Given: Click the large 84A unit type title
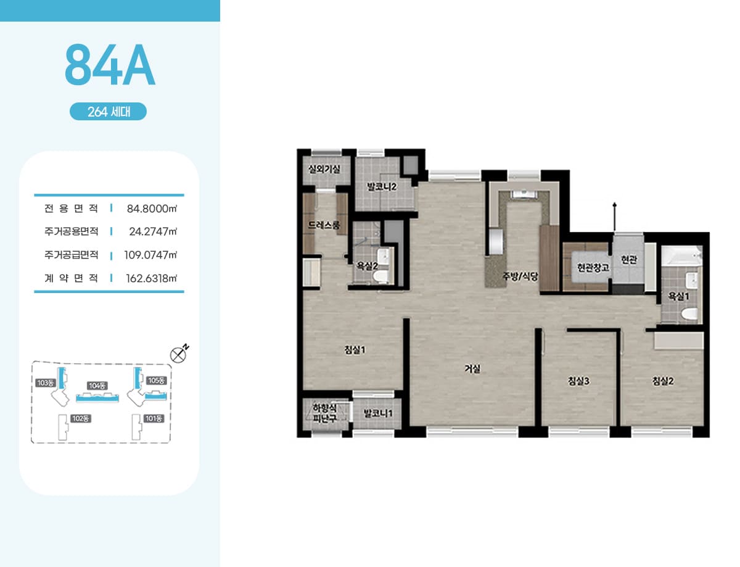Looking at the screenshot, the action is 110,65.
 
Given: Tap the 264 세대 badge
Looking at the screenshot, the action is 109,111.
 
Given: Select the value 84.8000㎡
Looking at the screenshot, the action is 152,209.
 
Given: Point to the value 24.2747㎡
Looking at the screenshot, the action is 153,231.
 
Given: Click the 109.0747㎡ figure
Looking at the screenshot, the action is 150,255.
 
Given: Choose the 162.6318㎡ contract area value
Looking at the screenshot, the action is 152,278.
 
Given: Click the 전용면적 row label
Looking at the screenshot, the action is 71,209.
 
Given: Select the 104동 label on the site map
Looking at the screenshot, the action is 97,386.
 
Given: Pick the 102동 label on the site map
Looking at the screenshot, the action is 80,418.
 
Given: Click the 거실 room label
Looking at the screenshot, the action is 472,368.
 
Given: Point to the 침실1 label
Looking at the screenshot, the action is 355,350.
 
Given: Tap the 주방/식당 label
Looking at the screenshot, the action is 520,276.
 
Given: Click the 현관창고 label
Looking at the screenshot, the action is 593,267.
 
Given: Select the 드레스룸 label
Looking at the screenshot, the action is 324,225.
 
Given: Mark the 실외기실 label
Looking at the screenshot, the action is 324,169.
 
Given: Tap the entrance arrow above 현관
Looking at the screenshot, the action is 614,217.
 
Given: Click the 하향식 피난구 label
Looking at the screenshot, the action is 324,413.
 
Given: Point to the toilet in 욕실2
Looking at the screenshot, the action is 380,276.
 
